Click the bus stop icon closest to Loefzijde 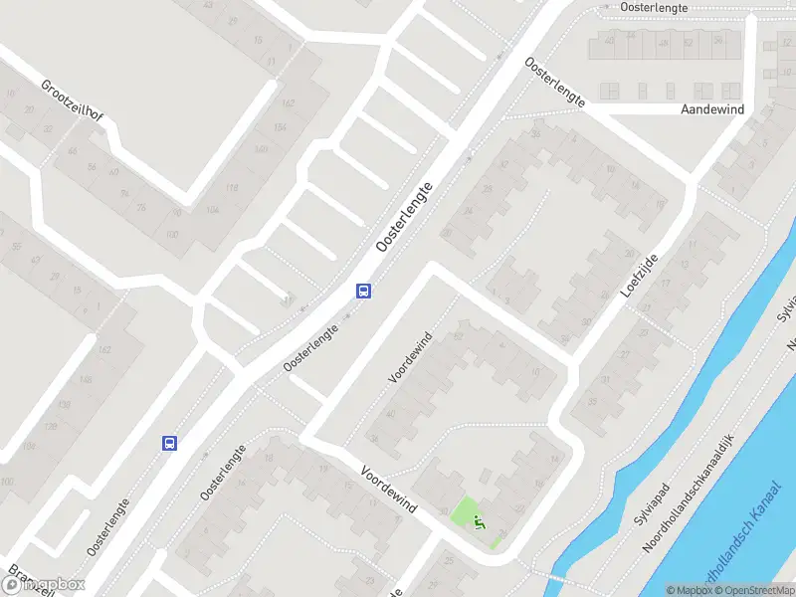point(365,292)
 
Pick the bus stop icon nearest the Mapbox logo point(170,443)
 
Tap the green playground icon point(479,521)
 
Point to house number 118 point(234,187)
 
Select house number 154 point(281,127)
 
